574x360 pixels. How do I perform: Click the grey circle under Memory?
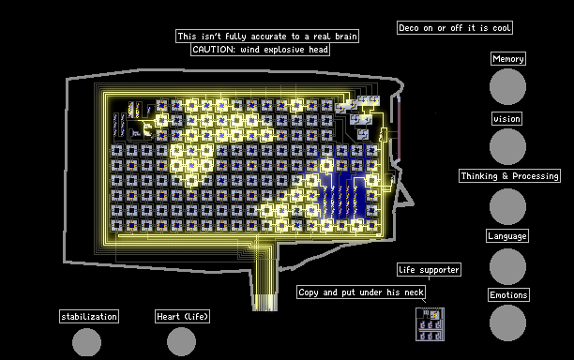click(507, 86)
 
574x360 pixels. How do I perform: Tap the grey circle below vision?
click(507, 146)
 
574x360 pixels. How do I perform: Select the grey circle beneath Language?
click(507, 266)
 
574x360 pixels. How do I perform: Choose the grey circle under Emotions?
click(507, 323)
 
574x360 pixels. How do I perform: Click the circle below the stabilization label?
click(87, 342)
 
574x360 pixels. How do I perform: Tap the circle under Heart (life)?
click(182, 341)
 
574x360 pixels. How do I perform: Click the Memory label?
click(508, 58)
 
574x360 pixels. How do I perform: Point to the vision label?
click(506, 118)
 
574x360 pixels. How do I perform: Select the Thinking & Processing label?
click(509, 175)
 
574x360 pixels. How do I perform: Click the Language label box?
click(507, 236)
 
